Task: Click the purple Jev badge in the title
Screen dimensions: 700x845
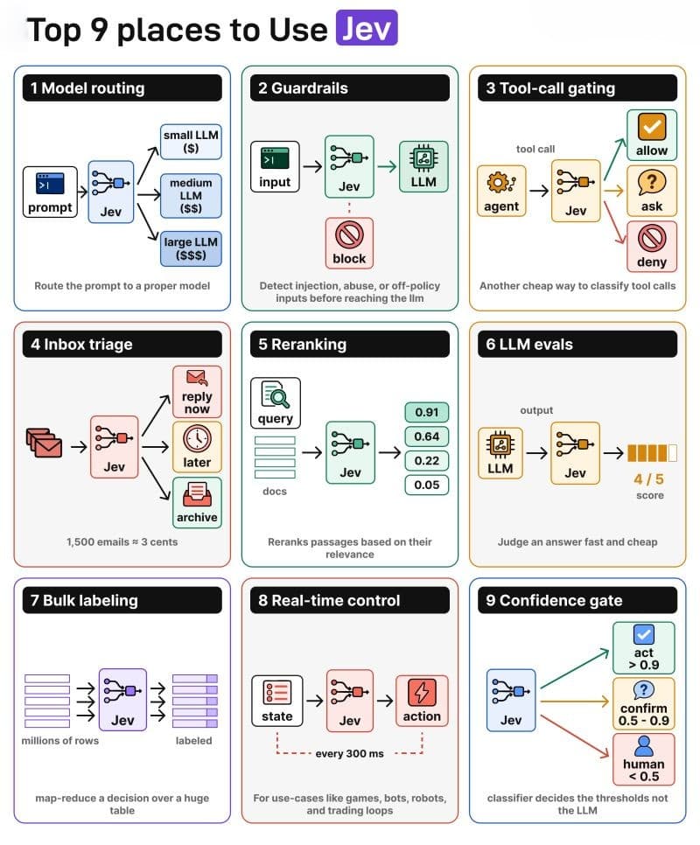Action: [367, 27]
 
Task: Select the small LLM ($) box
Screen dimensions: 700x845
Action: [191, 142]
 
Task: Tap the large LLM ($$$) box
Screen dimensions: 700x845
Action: [191, 248]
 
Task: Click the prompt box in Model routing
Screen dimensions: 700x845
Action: [50, 192]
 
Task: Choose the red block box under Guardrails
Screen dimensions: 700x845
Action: [349, 243]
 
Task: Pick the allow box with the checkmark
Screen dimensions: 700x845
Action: [652, 135]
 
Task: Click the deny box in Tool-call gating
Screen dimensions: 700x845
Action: [652, 247]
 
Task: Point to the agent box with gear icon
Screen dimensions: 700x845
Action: [501, 191]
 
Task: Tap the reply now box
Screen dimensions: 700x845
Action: [197, 392]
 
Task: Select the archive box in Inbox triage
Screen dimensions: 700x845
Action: [197, 502]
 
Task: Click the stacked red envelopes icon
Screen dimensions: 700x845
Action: [45, 443]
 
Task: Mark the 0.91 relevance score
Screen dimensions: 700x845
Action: [426, 412]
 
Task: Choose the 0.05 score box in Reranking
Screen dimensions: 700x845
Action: [426, 485]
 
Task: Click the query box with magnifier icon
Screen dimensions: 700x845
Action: [276, 402]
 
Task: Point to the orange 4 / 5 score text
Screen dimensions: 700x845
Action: [648, 479]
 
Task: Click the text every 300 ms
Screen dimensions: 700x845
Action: [350, 753]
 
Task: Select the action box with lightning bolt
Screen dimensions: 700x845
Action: [422, 701]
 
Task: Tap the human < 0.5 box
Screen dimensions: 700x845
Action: [643, 758]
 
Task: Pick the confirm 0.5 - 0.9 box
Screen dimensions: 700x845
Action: [643, 702]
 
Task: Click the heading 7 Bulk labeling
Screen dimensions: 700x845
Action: [85, 600]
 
